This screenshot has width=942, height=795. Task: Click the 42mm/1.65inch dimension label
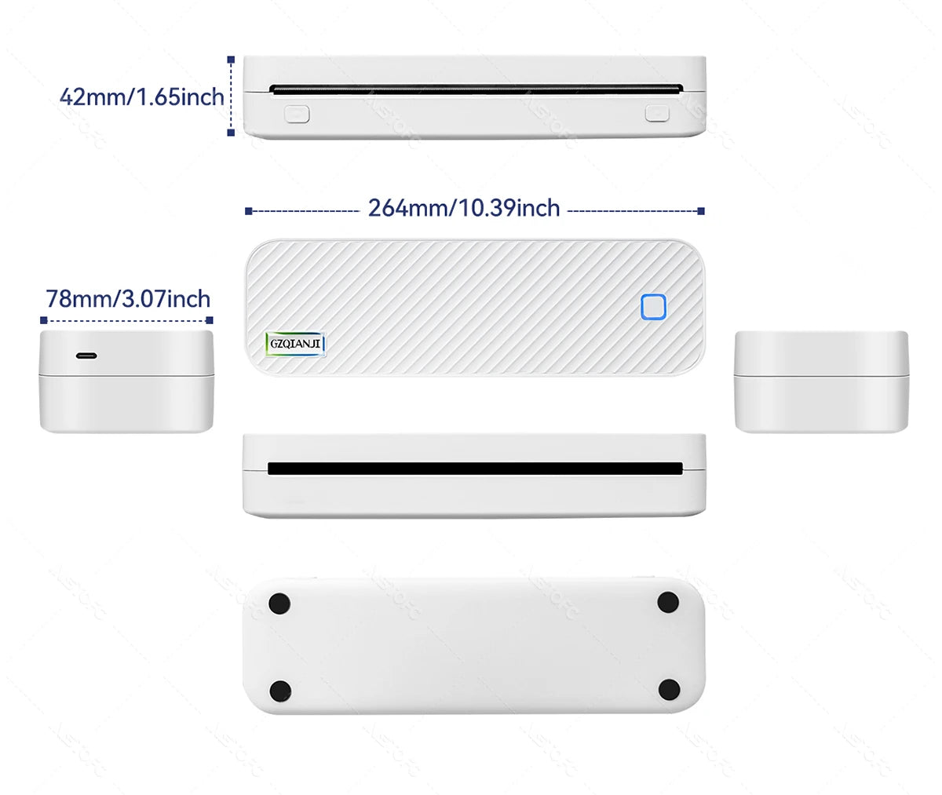(141, 97)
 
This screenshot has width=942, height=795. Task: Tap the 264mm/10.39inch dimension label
(464, 208)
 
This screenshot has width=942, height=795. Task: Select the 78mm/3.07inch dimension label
(128, 299)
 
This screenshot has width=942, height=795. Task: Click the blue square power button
(653, 307)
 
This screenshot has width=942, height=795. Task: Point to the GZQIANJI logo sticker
(296, 343)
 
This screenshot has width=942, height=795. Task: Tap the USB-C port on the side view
(86, 356)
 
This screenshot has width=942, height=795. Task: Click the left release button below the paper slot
(297, 114)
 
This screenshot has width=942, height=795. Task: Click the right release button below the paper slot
(657, 114)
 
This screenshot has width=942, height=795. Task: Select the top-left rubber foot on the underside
(279, 604)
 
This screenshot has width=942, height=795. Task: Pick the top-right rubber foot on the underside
(668, 603)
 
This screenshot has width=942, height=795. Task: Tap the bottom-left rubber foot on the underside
(280, 691)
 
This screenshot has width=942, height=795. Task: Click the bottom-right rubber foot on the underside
(669, 690)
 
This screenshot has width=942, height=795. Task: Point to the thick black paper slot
(475, 469)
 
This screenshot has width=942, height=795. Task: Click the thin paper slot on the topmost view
(475, 89)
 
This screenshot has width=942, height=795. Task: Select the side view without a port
(821, 381)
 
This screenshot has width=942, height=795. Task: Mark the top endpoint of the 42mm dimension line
(231, 59)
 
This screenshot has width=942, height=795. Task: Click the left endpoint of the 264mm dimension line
(248, 211)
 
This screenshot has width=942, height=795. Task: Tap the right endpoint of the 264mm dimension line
(701, 211)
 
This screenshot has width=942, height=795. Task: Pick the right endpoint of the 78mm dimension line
(210, 320)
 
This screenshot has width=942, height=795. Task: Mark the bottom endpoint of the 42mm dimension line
(231, 133)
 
